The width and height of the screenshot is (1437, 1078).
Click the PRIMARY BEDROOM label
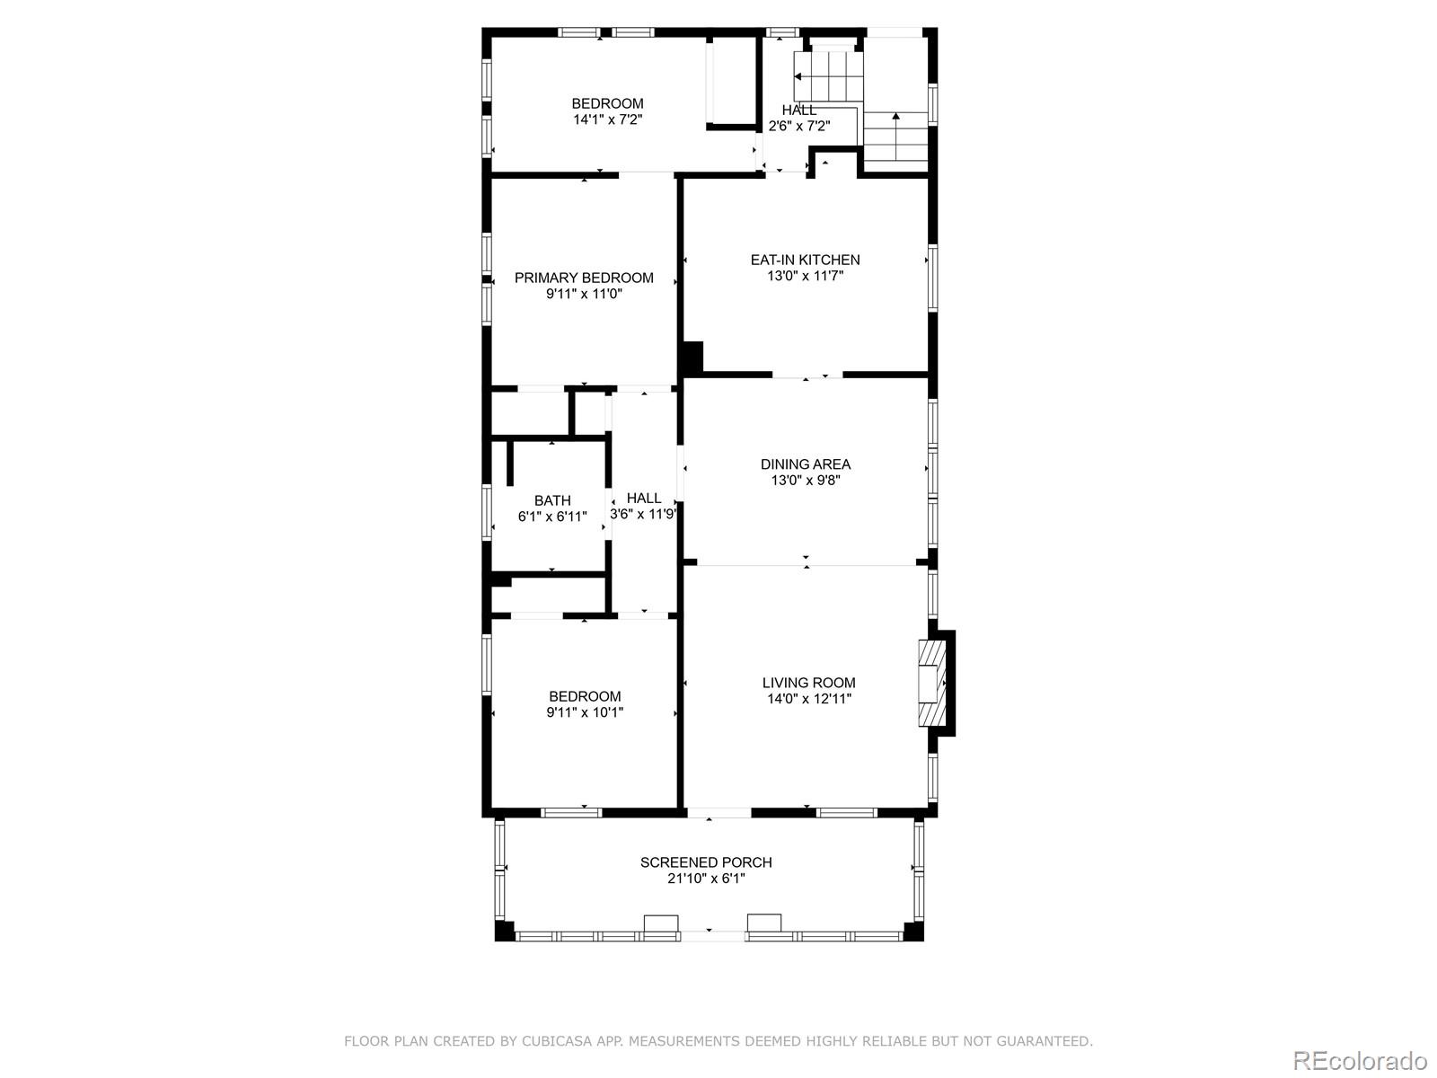(584, 278)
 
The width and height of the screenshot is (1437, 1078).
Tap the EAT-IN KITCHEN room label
(805, 260)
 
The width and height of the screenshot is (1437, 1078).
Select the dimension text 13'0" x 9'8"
(805, 481)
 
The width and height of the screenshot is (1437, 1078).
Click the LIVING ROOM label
(808, 683)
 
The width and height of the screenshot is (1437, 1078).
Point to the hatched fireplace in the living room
(932, 683)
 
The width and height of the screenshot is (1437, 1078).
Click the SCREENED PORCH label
(706, 862)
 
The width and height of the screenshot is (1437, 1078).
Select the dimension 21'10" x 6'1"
(706, 879)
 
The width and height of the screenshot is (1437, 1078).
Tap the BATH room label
(552, 500)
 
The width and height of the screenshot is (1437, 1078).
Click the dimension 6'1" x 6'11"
(552, 517)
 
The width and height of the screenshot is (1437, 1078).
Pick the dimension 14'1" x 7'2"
(608, 119)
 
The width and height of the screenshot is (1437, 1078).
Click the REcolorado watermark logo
(1359, 1060)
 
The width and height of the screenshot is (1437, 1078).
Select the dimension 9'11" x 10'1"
(585, 712)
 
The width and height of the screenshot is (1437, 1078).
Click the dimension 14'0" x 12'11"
(808, 699)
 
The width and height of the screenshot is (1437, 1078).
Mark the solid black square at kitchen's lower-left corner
(692, 358)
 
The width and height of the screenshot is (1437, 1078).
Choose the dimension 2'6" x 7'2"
(798, 127)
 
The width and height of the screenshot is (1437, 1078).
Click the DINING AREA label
(805, 464)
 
